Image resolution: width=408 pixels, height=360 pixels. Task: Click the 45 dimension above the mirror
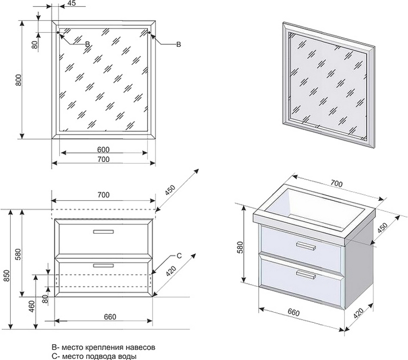(x=71, y=4)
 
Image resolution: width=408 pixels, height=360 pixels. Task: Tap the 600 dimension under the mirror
(x=104, y=149)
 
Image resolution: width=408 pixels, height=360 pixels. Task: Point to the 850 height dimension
(x=5, y=275)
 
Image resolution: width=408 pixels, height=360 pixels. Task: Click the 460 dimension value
(x=32, y=306)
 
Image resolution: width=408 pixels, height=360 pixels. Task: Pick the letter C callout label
(x=178, y=255)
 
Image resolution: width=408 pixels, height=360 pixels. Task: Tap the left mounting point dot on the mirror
(x=58, y=33)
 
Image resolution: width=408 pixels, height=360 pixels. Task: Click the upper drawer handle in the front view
(x=103, y=232)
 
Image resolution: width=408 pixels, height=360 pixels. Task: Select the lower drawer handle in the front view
(x=103, y=265)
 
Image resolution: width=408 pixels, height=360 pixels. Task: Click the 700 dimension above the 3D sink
(x=336, y=182)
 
